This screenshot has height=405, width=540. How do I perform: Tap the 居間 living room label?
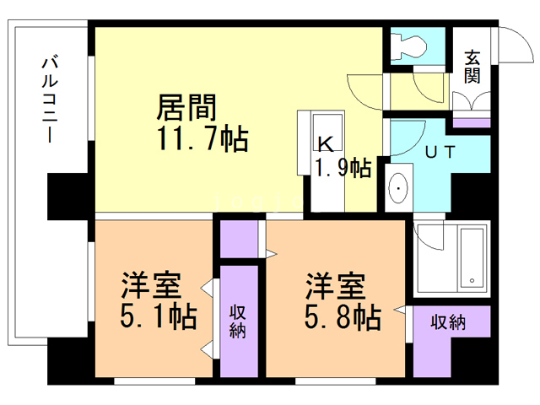(x=186, y=108)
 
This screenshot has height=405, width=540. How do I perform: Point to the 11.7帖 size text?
(x=201, y=138)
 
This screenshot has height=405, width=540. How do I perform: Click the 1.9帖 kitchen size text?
(x=343, y=166)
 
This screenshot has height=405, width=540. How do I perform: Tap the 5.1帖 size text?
(x=159, y=317)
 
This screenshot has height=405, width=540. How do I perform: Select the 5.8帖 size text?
(x=343, y=317)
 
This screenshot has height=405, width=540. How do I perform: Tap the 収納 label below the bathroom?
(x=448, y=322)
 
